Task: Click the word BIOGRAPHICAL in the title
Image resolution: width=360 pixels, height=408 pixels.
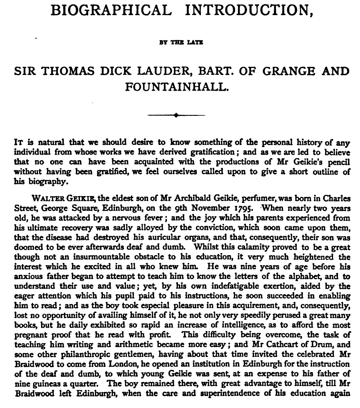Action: pos(111,10)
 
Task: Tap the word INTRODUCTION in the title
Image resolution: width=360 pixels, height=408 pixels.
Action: pos(248,10)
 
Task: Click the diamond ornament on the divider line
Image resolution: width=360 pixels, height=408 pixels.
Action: pos(176,115)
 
